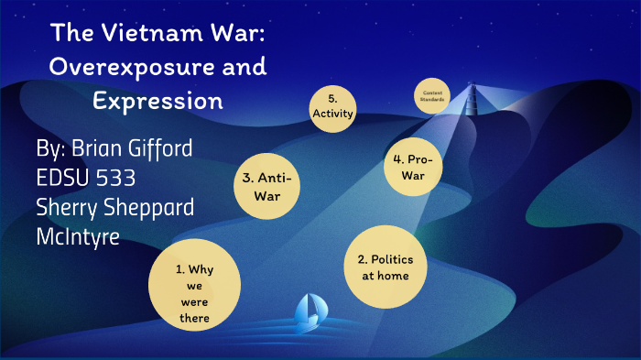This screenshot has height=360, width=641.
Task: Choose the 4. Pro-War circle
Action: point(415,167)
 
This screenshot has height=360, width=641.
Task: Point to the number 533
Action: point(111,178)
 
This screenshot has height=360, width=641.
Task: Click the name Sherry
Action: point(67,208)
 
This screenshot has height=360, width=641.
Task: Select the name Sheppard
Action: point(151,208)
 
